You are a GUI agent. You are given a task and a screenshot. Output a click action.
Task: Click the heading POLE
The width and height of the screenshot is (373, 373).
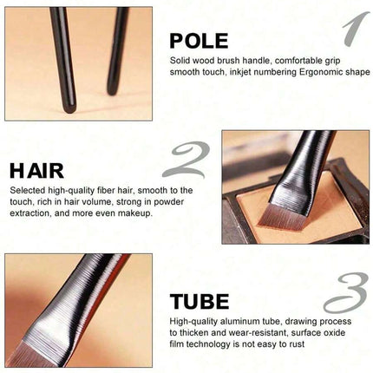coord(199,41)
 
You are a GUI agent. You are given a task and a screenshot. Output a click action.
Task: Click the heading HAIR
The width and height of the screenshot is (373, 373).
coord(36,171)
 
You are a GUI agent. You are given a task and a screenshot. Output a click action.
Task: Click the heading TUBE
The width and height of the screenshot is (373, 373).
coord(200,301)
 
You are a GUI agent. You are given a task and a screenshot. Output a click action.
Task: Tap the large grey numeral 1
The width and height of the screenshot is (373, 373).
coord(356,29)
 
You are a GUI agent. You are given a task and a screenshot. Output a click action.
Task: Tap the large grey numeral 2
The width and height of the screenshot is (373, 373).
coord(186,160)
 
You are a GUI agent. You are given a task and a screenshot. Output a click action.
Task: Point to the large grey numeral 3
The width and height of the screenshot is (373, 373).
coord(346,292)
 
